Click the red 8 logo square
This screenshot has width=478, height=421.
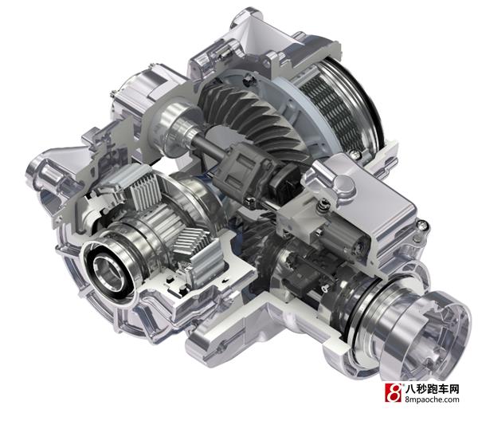[x=394, y=392]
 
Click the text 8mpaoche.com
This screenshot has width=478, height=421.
[x=433, y=399]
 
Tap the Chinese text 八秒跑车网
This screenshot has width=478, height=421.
[x=433, y=388]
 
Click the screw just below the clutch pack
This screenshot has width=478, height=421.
[x=354, y=155]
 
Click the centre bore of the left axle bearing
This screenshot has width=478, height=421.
[x=108, y=272]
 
